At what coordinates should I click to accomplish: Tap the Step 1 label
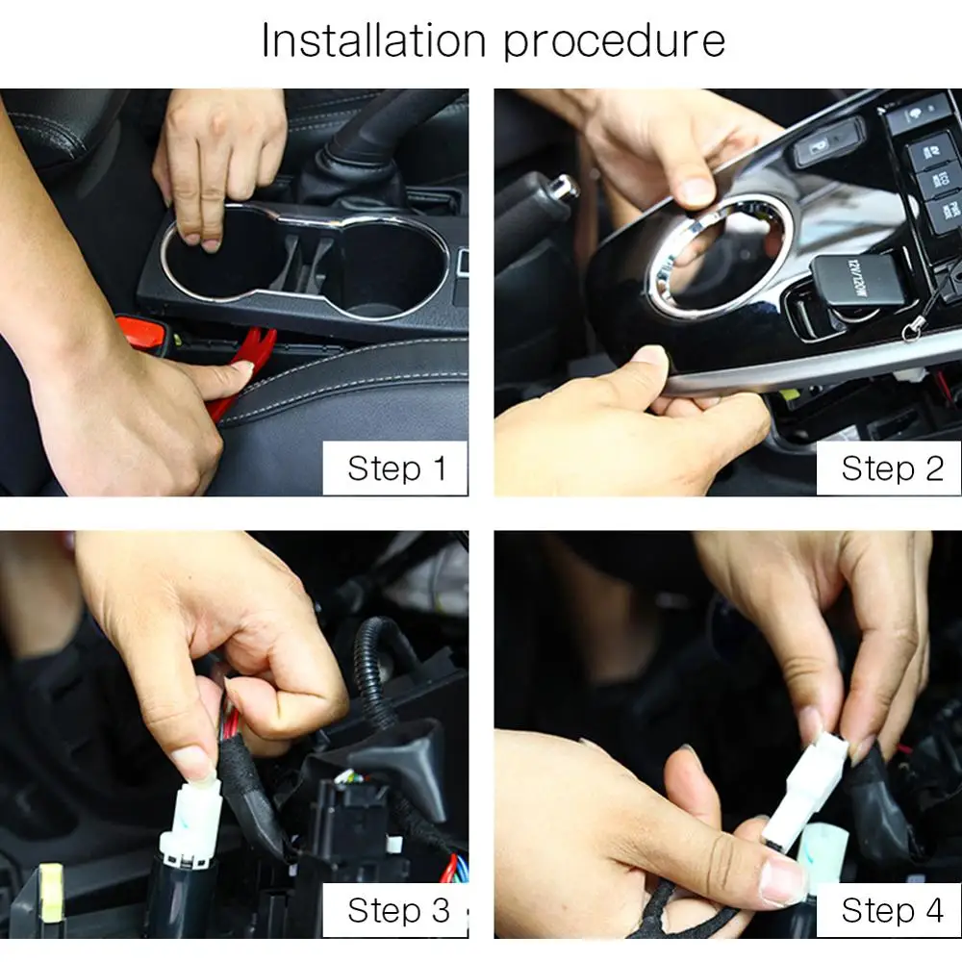point(396,468)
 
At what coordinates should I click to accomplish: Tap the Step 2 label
point(892,468)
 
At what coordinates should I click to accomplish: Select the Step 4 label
point(892,910)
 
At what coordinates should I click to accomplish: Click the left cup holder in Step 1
point(214,256)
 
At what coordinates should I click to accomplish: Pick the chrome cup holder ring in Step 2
point(717,258)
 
